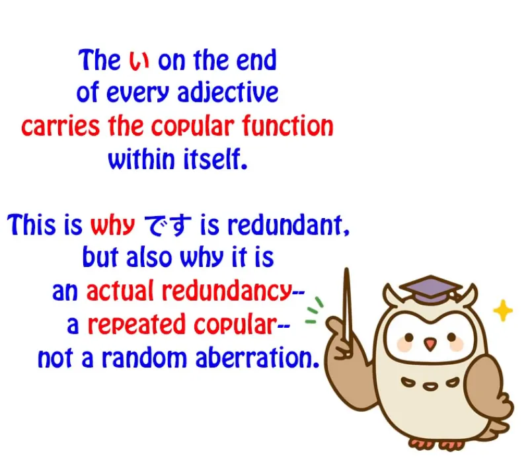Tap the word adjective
click(228, 93)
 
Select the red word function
click(287, 126)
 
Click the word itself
click(215, 159)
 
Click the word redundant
click(288, 225)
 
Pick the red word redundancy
click(227, 291)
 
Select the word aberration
click(258, 358)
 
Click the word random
click(145, 358)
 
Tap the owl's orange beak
click(430, 344)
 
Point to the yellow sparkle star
click(503, 310)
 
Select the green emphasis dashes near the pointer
click(314, 310)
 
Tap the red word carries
click(60, 127)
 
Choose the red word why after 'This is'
click(112, 225)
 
